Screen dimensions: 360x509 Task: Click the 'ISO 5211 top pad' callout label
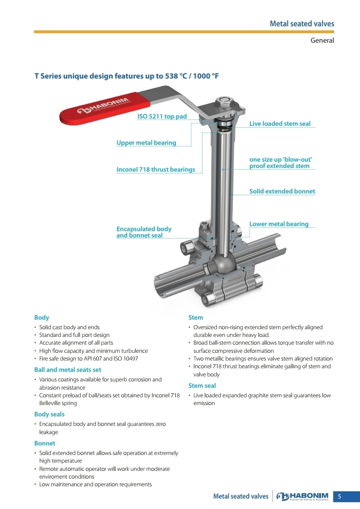162,116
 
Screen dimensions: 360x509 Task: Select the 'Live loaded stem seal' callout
280,124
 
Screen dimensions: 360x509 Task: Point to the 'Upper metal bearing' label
146,143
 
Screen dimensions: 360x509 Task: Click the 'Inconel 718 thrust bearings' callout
156,169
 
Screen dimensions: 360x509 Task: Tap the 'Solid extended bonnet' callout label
282,192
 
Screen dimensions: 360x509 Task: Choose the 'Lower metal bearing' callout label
279,224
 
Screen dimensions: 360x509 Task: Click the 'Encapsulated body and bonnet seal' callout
144,232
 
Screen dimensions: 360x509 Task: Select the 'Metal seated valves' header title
302,24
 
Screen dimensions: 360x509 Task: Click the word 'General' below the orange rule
322,40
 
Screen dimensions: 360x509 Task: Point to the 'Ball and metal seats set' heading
68,370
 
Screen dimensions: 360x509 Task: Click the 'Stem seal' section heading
202,385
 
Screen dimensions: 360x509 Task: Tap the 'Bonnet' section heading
44,444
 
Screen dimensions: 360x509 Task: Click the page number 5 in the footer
340,496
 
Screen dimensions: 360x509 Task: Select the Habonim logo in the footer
302,496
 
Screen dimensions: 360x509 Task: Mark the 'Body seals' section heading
49,415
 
